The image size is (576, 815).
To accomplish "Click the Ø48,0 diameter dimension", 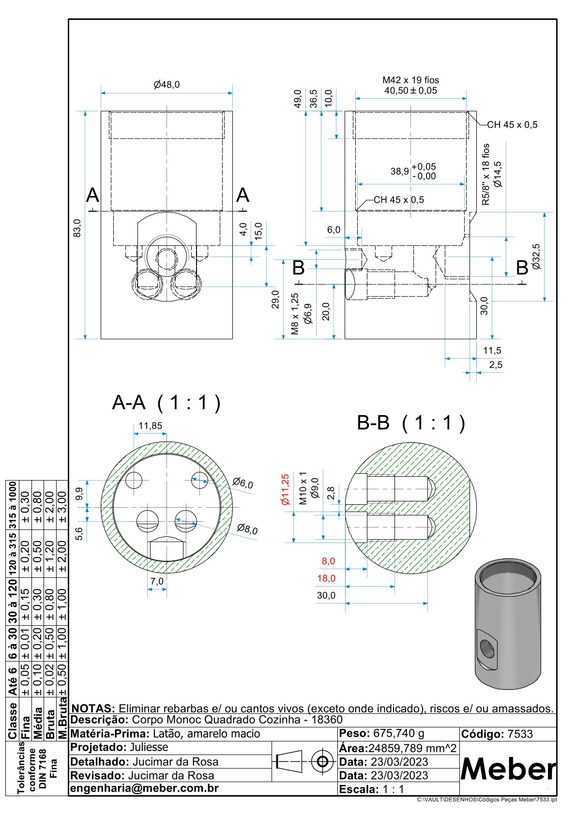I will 167,85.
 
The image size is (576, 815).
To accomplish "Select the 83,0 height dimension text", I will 77,227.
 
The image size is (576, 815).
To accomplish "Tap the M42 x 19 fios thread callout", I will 410,80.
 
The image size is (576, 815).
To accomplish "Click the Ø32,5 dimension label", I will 536,257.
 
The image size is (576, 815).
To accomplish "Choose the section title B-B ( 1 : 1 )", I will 410,423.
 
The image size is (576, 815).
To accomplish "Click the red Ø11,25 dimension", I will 285,489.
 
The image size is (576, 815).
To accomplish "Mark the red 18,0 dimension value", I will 326,578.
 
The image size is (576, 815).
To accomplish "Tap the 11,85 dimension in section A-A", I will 150,426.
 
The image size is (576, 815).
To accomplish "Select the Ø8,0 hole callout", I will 247,529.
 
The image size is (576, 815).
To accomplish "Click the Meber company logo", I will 508,769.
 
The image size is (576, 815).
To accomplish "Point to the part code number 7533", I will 520,734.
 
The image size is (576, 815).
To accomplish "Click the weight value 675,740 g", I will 398,734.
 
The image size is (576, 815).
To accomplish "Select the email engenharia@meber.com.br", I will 144,788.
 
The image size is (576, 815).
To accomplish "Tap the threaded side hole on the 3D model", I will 487,647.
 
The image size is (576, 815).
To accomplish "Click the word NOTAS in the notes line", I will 93,709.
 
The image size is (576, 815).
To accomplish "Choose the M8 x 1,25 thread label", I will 295,314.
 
